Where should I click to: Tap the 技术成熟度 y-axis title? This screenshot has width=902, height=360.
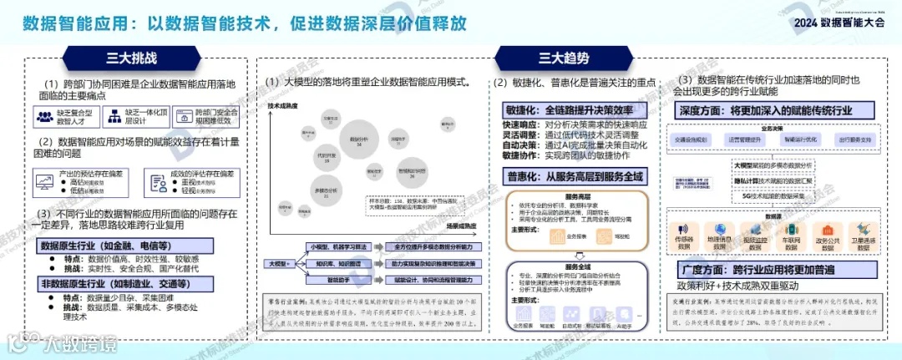point(282,106)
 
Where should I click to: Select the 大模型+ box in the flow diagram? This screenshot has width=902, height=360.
point(278,263)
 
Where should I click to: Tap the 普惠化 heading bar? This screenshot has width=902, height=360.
point(575,175)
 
